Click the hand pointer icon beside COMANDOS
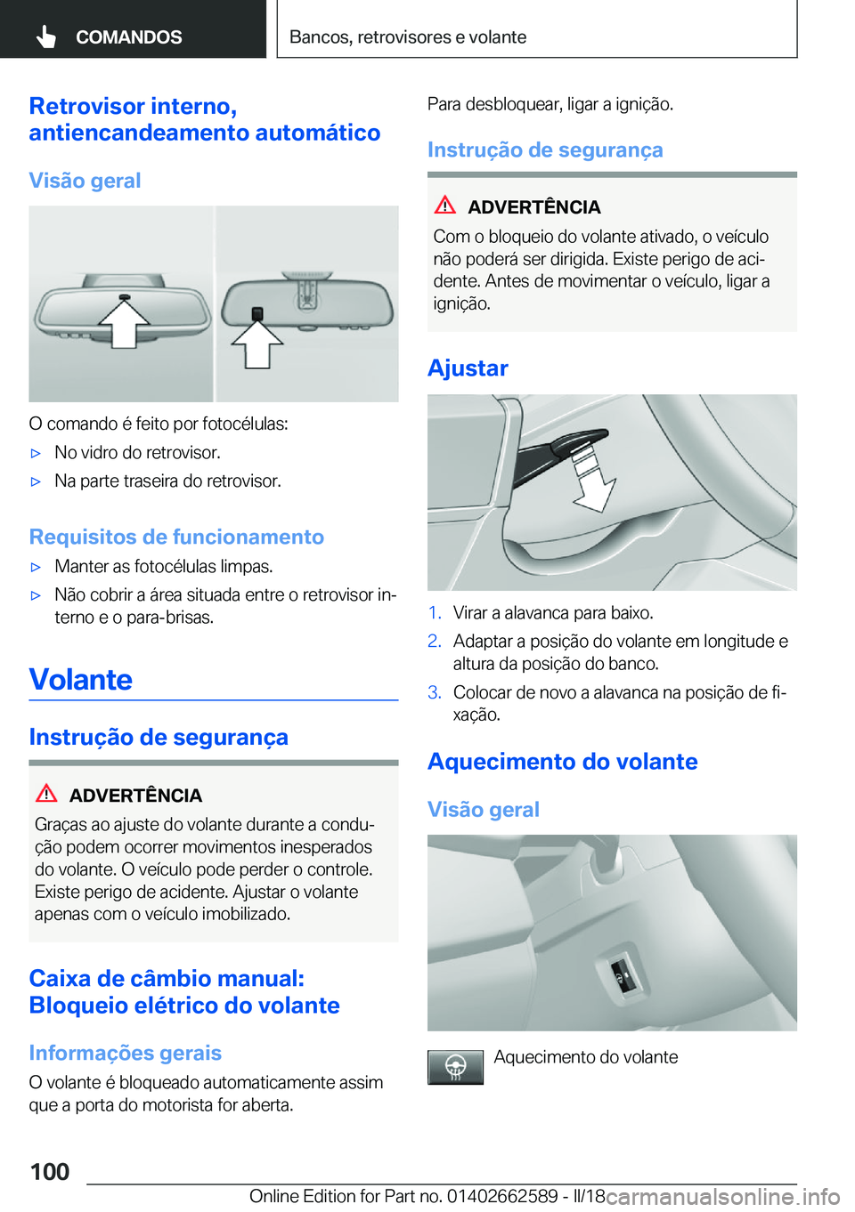46,36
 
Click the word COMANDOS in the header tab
128,37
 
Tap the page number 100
50,1171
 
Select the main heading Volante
81,680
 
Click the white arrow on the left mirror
123,324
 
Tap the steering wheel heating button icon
455,1066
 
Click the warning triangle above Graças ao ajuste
46,794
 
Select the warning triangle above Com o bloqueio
445,206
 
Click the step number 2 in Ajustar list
434,642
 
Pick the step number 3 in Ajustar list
434,692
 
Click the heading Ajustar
468,368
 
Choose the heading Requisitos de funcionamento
176,537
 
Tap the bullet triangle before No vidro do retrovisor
37,453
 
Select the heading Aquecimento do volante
562,762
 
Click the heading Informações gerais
125,1054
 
